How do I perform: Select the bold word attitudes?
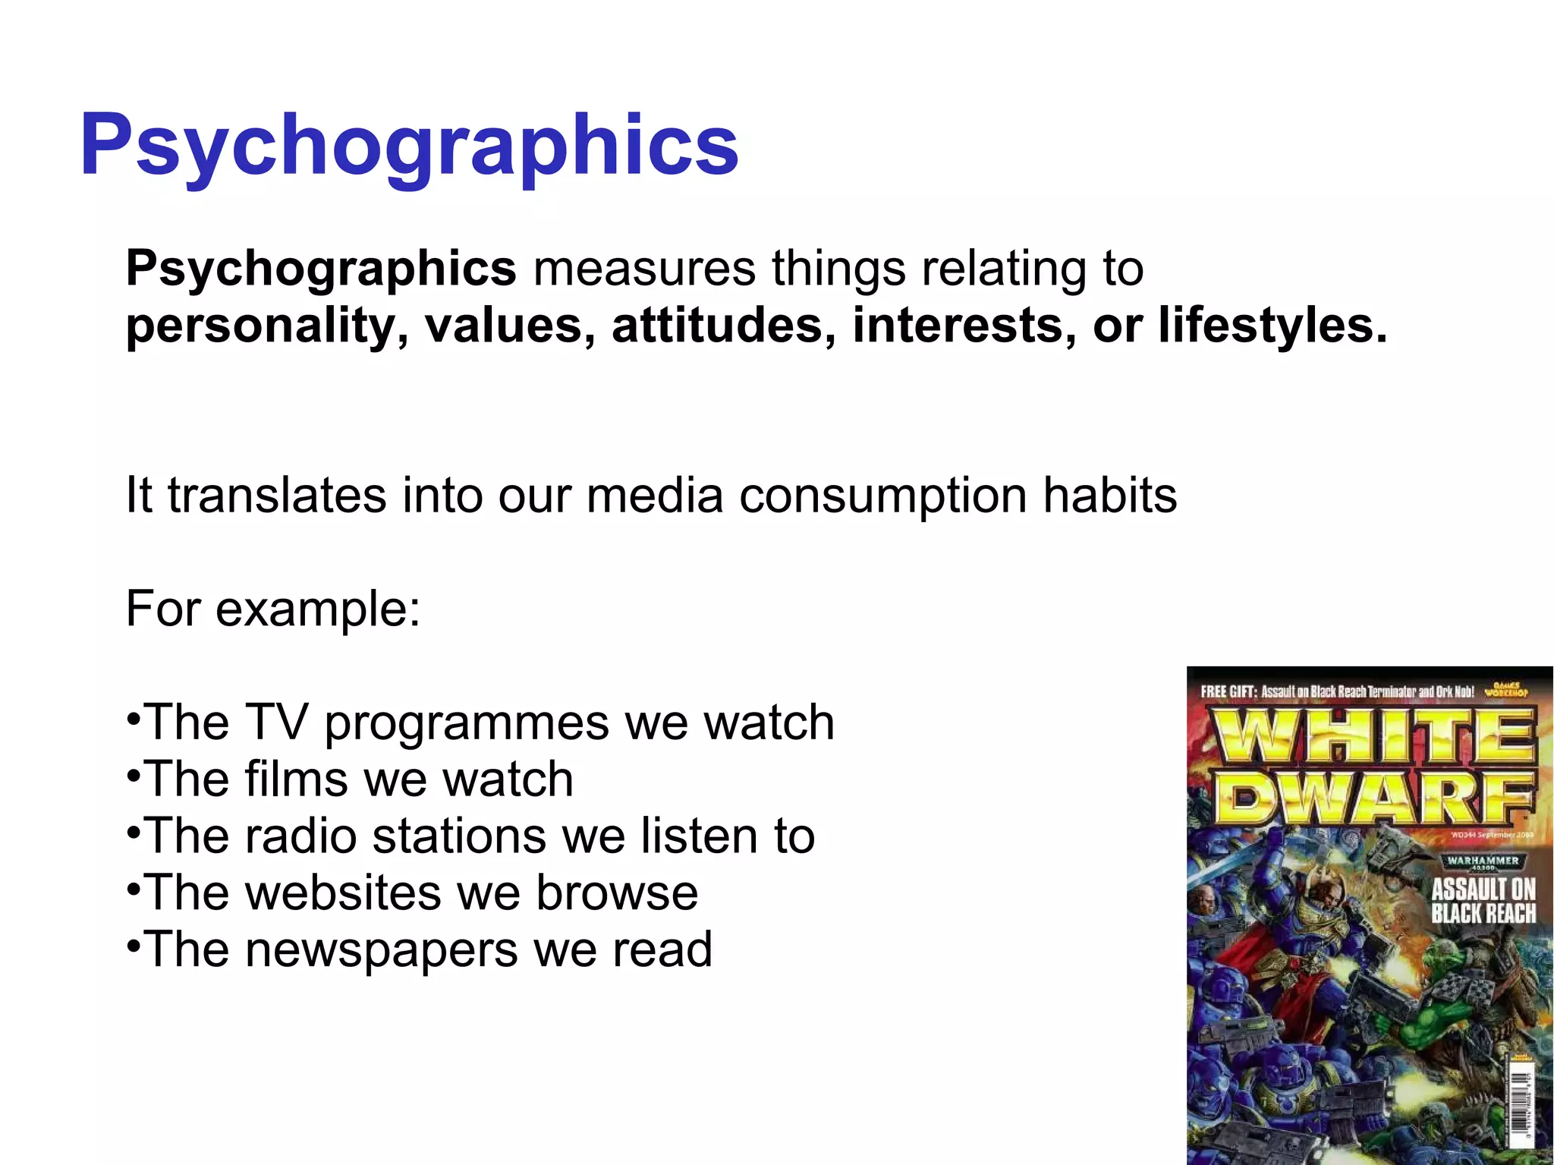click(718, 326)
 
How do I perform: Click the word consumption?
click(882, 496)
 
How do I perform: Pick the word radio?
click(300, 836)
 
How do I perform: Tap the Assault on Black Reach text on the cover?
click(1483, 901)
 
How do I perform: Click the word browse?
click(617, 893)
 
